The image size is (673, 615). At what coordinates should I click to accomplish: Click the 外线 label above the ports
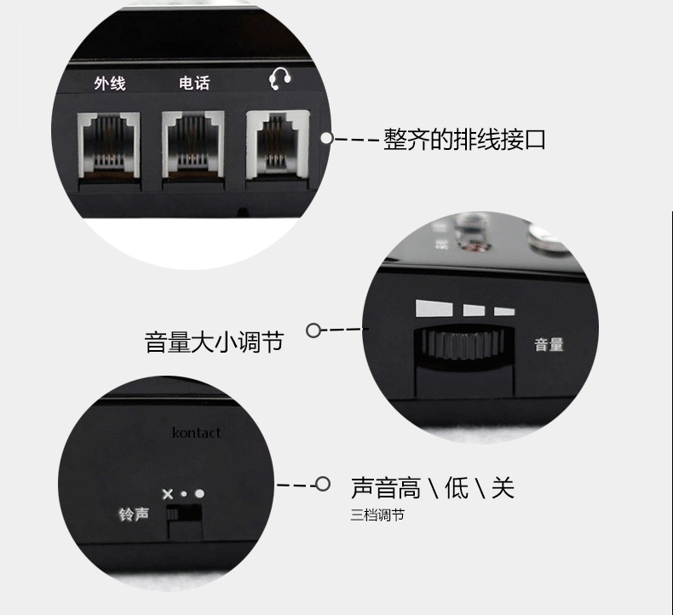[x=110, y=83]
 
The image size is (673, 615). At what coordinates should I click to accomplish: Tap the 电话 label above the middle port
[x=194, y=83]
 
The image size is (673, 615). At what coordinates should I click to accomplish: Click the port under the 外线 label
[x=109, y=145]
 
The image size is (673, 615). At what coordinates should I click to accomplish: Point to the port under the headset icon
[x=278, y=144]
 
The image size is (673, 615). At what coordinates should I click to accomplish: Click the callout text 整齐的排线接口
[x=464, y=140]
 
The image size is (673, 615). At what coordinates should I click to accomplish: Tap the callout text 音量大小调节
[x=214, y=342]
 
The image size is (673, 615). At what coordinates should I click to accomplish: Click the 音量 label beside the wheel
[x=549, y=344]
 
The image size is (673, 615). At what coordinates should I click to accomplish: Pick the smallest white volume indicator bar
[x=504, y=311]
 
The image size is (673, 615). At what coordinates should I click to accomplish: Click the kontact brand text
[x=196, y=433]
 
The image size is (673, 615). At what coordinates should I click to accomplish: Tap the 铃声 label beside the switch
[x=134, y=514]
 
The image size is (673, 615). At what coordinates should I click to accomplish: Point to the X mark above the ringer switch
[x=168, y=494]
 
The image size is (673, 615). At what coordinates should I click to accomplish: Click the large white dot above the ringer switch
[x=199, y=493]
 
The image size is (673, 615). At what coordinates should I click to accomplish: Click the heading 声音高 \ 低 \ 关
[x=433, y=488]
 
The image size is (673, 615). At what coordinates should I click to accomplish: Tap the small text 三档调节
[x=377, y=514]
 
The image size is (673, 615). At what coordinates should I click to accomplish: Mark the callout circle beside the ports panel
[x=327, y=138]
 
